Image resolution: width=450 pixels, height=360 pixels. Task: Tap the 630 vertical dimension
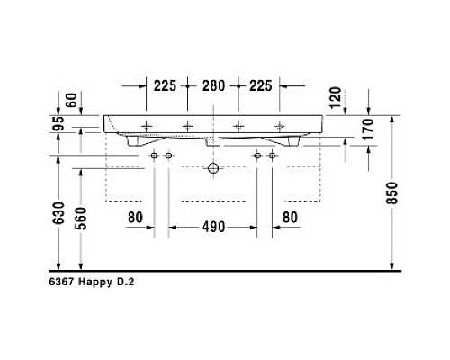coord(58,212)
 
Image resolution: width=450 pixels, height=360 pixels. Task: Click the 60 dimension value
coord(59,99)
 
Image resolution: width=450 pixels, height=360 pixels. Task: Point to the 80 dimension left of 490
coord(135,216)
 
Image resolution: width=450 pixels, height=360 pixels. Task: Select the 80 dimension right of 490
coord(290,216)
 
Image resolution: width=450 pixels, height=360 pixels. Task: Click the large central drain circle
coord(212,167)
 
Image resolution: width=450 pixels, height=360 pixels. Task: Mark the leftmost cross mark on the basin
coord(146,124)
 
